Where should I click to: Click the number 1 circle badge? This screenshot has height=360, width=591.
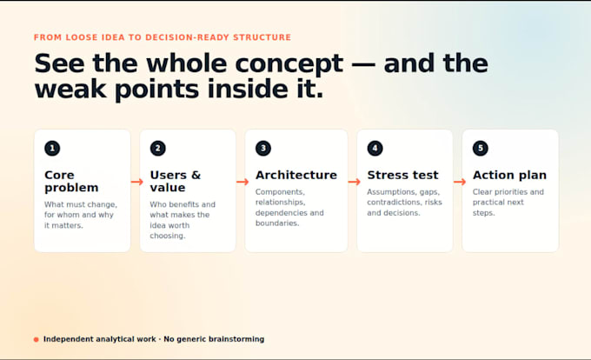point(52,148)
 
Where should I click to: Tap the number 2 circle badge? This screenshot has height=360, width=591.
point(157,148)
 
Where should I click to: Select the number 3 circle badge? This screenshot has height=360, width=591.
point(263,148)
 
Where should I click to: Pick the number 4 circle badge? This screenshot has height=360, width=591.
point(375,148)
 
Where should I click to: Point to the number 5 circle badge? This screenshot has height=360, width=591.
point(480,148)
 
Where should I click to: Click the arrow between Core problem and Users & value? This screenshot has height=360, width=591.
point(137,182)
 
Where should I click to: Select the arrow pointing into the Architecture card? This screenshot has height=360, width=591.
point(242,182)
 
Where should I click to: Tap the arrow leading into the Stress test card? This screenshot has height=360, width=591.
point(355,182)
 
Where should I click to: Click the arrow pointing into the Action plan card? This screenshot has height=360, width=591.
point(460,182)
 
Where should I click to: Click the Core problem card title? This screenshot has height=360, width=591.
point(71,182)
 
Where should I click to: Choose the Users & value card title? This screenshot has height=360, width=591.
point(176,182)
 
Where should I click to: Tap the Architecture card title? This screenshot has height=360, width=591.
point(296,175)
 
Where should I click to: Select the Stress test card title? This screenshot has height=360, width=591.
point(402,175)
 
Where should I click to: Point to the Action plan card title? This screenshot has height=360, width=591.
point(509,176)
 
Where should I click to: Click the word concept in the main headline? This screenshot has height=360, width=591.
point(289,63)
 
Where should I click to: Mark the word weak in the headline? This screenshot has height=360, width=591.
point(70,90)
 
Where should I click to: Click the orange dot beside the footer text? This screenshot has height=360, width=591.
point(37,339)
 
